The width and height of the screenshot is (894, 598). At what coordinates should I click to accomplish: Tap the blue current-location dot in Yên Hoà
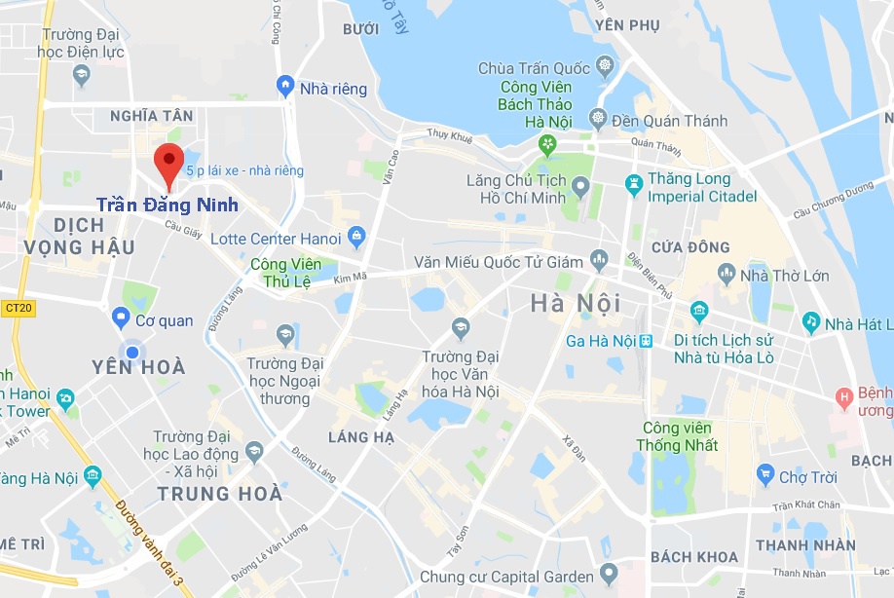130,351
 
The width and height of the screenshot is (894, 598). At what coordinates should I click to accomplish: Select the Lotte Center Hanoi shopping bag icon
356,237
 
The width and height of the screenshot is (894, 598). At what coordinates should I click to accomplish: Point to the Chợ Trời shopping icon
765,476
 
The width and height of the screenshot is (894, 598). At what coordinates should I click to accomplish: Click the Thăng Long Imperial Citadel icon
634,182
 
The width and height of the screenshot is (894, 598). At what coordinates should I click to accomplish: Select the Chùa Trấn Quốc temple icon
605,67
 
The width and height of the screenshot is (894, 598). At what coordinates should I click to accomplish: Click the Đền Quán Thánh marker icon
597,120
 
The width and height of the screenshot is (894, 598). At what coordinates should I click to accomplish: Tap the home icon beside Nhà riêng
284,87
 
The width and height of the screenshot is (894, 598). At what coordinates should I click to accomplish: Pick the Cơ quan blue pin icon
121,318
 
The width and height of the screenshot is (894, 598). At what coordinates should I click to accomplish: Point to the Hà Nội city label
576,304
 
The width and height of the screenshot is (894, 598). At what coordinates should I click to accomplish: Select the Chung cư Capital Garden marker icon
609,574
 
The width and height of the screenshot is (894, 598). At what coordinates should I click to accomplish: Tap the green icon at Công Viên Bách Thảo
548,145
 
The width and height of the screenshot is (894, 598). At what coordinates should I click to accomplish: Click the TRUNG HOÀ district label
220,494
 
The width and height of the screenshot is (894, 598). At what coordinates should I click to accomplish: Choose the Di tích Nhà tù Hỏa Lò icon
698,312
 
